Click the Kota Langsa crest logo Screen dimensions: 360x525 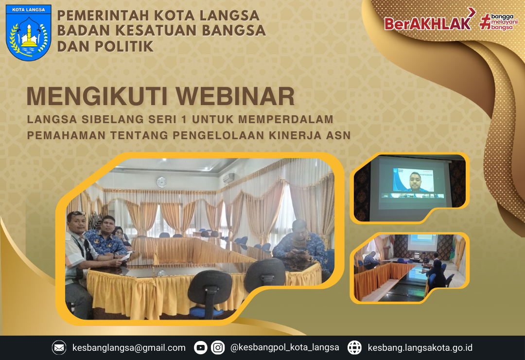click(29, 33)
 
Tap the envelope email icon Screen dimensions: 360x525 click(59, 347)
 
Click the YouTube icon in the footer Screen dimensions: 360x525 click(200, 347)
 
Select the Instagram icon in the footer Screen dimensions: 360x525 click(218, 347)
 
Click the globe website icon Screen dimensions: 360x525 click(354, 347)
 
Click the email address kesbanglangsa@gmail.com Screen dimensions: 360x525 click(129, 348)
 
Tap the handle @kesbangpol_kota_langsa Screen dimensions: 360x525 click(285, 348)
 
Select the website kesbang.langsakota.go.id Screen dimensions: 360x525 click(420, 348)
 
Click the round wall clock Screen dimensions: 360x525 click(161, 182)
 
